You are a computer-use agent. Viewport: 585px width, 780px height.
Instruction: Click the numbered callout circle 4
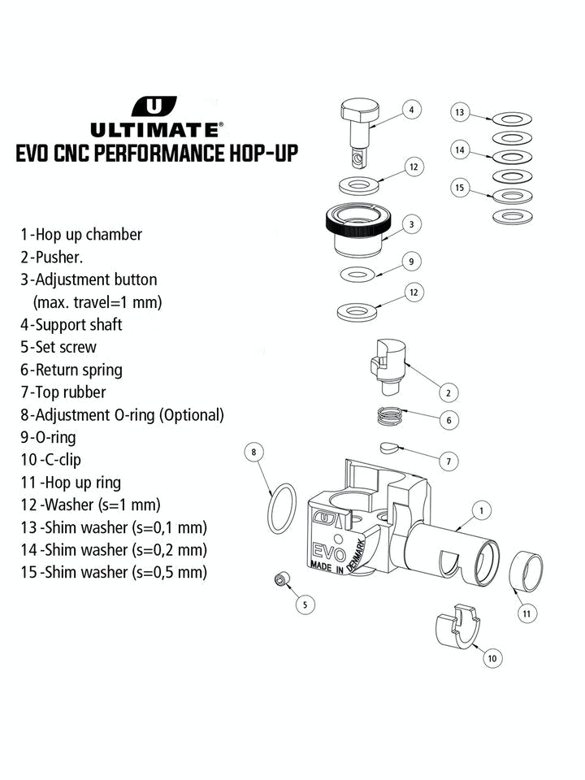411,109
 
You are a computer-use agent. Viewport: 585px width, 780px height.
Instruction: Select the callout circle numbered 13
460,112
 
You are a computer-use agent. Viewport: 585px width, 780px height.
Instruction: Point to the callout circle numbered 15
460,188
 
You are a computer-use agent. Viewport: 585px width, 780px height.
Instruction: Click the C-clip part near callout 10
457,626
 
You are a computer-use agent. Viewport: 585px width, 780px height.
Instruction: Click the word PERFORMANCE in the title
176,154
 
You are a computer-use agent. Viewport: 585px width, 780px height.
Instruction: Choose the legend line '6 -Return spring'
71,370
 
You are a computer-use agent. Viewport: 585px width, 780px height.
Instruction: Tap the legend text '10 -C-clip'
50,460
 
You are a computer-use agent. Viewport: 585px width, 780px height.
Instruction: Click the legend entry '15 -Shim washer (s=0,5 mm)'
114,572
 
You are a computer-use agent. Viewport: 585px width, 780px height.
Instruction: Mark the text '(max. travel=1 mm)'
97,302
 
